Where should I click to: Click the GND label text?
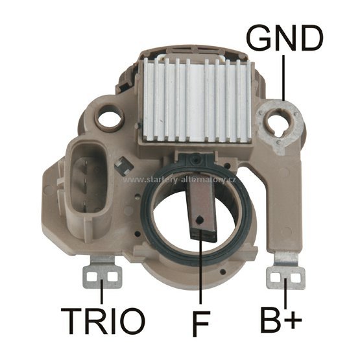pos(285,38)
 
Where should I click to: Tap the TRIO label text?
pos(102,321)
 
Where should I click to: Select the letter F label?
pos(201,324)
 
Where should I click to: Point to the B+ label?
pos(281,320)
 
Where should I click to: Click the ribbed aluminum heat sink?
pos(197,99)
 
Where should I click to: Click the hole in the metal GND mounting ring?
pos(280,123)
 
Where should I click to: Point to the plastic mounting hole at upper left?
pos(109,119)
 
